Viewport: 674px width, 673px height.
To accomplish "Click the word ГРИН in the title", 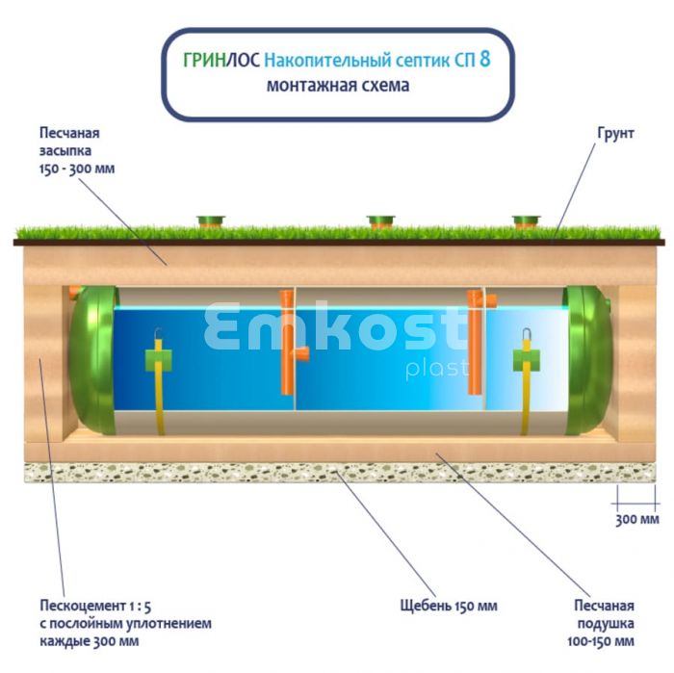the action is coord(204,61).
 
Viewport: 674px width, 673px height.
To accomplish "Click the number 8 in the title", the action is coord(485,59).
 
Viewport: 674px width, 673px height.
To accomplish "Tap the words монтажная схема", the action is coord(338,86).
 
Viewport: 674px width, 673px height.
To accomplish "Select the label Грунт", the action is coord(615,133).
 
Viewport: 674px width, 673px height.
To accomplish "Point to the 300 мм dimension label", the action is coord(637,519).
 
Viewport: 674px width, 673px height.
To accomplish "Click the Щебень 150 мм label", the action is coord(449,606).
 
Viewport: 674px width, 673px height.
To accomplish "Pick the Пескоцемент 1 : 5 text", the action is coord(95,606).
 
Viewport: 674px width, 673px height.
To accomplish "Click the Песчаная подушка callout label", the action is coord(601,623).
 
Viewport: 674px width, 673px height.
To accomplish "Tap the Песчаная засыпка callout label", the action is coord(77,150).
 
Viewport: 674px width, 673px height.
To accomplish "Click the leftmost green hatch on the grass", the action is coord(211,221).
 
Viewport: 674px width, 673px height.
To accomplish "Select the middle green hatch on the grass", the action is coord(381,221).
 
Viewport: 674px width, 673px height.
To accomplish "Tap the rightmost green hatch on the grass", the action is coord(527,221).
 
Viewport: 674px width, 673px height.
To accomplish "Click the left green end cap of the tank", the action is coord(93,360).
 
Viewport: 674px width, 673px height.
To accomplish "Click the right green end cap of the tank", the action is coord(588,360).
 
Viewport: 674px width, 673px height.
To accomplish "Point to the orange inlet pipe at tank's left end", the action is coord(75,292).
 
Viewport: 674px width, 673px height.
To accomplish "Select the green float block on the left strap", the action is coord(158,360).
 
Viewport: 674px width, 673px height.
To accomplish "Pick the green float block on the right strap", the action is coord(527,360).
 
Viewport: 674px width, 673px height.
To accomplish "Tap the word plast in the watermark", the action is coord(437,369).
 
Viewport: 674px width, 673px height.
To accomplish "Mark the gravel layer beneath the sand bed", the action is coord(340,473).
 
